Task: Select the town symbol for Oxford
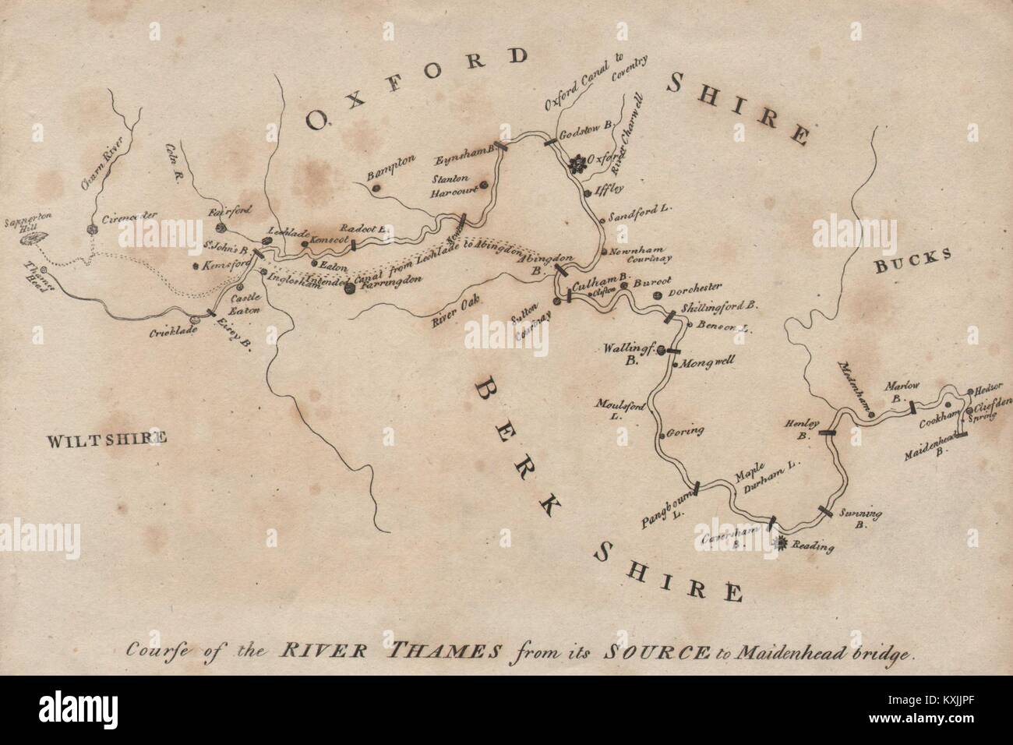click(577, 164)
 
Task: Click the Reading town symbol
click(779, 543)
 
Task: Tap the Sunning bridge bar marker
click(825, 510)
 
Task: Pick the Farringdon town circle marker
click(349, 288)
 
